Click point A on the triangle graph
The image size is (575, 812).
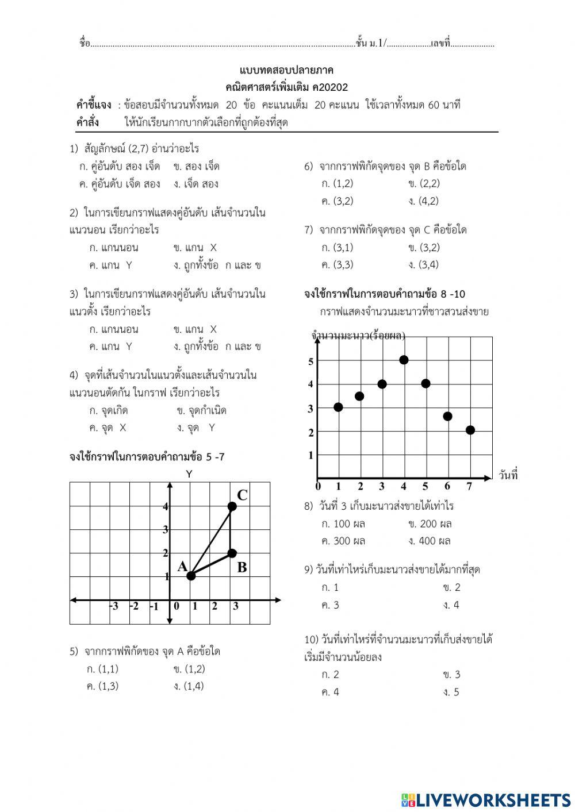click(191, 575)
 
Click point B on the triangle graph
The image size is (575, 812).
click(232, 553)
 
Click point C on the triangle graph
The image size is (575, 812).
click(232, 506)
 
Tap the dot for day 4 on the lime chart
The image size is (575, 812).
click(404, 360)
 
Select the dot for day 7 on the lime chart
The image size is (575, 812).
click(470, 430)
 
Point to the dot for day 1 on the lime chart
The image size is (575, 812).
click(338, 407)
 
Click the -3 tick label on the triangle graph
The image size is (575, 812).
click(114, 606)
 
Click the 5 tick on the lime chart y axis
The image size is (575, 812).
click(311, 361)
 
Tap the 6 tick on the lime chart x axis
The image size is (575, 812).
click(447, 487)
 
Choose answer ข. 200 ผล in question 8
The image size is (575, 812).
click(430, 524)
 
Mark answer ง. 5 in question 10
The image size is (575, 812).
click(451, 692)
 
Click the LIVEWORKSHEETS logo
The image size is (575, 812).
click(486, 800)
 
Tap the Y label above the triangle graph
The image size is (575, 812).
click(189, 474)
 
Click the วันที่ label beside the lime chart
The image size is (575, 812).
click(508, 475)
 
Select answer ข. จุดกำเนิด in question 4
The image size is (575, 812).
click(202, 410)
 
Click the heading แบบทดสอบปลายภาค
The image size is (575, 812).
click(286, 70)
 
